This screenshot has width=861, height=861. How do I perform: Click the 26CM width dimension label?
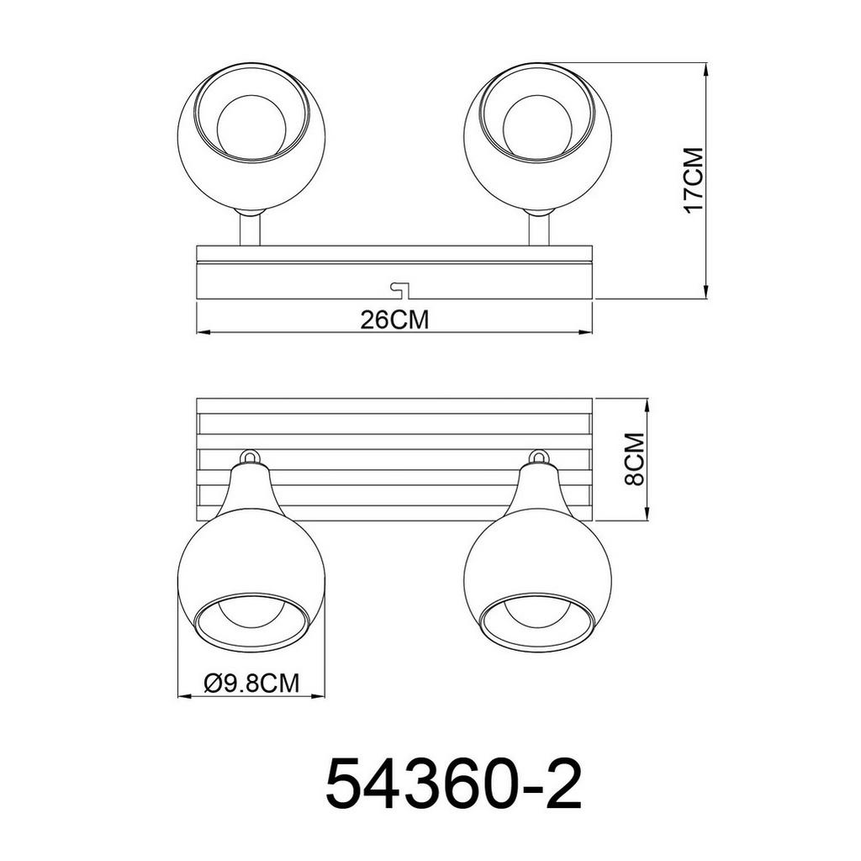[x=394, y=320]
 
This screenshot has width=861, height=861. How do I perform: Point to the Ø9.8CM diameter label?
[x=251, y=684]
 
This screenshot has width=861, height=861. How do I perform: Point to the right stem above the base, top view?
[x=538, y=229]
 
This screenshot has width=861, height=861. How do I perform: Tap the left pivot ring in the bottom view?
[x=250, y=457]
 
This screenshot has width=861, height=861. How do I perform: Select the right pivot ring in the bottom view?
[x=539, y=457]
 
